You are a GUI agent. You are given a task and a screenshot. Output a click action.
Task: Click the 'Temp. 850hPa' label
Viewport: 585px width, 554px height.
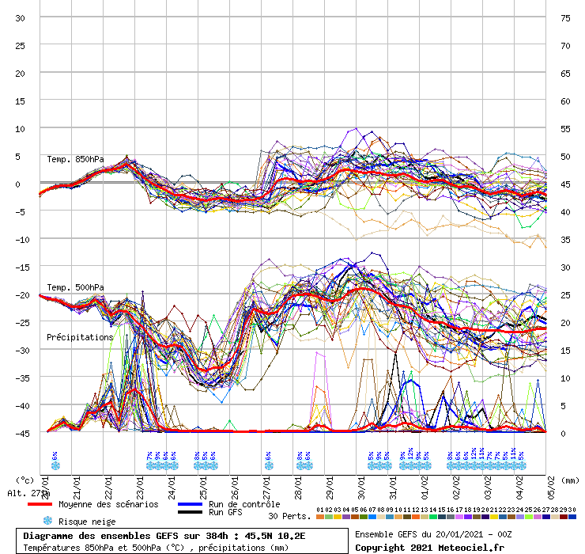click(75, 159)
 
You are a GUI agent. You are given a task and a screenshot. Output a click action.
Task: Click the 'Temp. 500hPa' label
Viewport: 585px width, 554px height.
click(75, 287)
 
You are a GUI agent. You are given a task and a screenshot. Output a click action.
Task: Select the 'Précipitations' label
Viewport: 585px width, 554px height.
click(80, 337)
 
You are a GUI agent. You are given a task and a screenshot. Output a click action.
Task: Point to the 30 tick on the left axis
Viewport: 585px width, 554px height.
click(21, 18)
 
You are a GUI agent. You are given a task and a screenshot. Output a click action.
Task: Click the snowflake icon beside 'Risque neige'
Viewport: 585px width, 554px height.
click(47, 521)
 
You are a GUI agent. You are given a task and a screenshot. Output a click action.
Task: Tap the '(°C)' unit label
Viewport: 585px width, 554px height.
click(25, 480)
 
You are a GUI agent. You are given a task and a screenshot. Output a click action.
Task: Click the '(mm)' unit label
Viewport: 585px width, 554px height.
click(571, 480)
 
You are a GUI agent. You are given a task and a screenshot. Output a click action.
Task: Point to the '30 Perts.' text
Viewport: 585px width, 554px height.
click(288, 516)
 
